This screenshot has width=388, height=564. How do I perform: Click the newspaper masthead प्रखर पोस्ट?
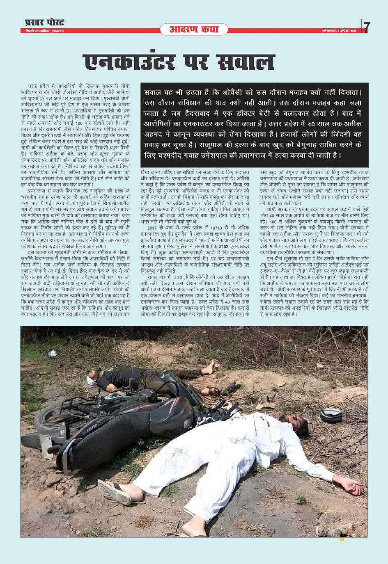44,22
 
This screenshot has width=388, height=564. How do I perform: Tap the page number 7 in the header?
366,27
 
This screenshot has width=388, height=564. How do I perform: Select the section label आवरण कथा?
194,29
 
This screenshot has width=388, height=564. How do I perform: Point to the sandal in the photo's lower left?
114,491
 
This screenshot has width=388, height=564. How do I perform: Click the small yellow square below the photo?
342,539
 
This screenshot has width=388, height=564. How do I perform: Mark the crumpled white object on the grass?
52,353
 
